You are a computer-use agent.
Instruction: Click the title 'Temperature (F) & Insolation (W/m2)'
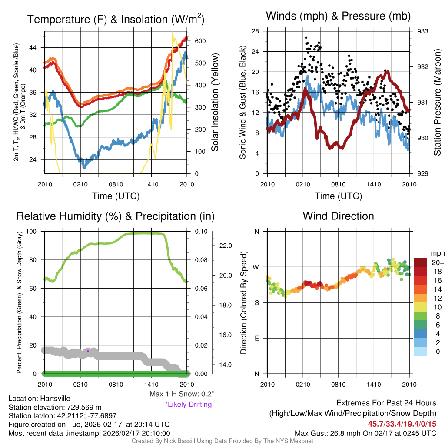(116, 20)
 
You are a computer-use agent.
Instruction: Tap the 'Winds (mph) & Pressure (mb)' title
(338, 17)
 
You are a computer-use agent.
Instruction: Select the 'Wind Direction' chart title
(338, 216)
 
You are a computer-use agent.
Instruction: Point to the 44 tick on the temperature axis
(38, 47)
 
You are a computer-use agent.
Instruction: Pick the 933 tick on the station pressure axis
(422, 31)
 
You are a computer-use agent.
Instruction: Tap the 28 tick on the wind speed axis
(256, 31)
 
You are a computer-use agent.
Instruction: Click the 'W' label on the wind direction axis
(257, 267)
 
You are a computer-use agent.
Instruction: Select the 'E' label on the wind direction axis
(257, 338)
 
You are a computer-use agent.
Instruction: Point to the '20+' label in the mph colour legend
(437, 262)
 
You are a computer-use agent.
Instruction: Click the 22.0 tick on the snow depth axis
(226, 246)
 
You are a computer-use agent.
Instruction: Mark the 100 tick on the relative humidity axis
(36, 232)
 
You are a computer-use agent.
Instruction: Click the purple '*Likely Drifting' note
(188, 405)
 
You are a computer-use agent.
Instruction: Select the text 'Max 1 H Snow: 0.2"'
(182, 394)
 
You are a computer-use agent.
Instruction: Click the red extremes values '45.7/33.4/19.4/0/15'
(402, 424)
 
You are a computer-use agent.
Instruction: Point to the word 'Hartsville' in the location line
(55, 398)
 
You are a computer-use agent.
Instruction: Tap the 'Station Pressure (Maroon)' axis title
(437, 101)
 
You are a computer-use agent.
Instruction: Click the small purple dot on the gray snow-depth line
(88, 351)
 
